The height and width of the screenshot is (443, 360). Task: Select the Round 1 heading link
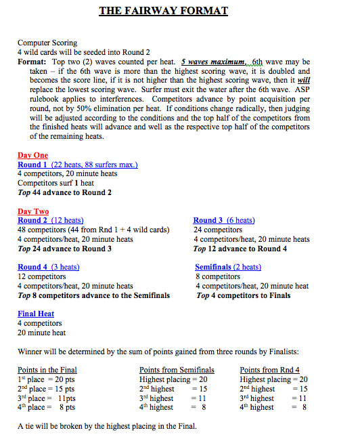click(x=77, y=165)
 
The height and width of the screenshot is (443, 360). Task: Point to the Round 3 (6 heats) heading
click(x=224, y=220)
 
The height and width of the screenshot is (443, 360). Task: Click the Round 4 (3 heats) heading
click(x=48, y=267)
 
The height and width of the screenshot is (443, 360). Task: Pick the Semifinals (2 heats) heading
click(x=228, y=267)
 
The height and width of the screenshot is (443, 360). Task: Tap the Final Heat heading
click(x=36, y=314)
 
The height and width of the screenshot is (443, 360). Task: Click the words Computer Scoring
click(x=47, y=42)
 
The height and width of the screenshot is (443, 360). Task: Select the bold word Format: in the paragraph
click(x=32, y=61)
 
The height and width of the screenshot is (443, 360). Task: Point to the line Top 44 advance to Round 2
click(x=64, y=192)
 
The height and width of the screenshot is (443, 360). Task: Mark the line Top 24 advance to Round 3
click(x=64, y=249)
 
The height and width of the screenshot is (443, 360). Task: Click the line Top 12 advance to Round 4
click(x=240, y=249)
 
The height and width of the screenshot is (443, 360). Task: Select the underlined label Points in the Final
click(x=47, y=369)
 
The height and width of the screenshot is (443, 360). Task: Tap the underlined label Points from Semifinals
click(x=177, y=369)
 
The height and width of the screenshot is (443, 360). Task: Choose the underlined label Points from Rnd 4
click(x=269, y=369)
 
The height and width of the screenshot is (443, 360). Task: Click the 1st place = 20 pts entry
click(x=46, y=379)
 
